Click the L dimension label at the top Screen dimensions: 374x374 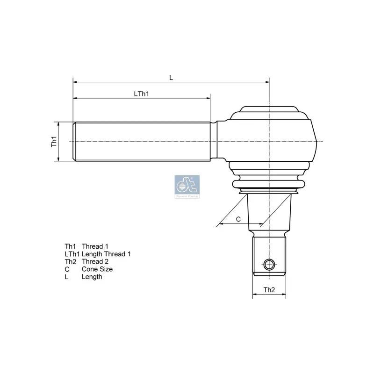coord(171,78)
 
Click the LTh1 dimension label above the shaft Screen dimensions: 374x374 coord(141,93)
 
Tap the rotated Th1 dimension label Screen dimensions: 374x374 coord(54,142)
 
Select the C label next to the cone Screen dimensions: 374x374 coord(238,219)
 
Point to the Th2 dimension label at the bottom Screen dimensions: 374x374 coord(269,290)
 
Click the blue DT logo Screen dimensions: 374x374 coord(187,187)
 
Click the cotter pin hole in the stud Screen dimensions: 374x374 coord(268,265)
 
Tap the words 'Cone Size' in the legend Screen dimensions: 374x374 coord(97,269)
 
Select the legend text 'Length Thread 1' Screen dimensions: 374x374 coord(106,254)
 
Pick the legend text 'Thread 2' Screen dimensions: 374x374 coord(95,261)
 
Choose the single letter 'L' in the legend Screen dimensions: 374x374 coord(67,277)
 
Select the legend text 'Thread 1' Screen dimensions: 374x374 coord(95,246)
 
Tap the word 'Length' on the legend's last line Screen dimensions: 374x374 coord(92,277)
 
